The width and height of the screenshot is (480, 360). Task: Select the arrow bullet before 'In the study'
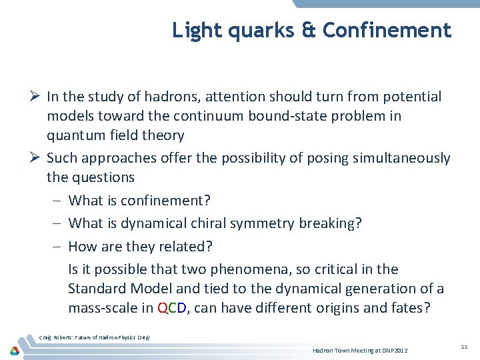[x=35, y=97]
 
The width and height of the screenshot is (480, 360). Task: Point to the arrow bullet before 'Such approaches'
[x=35, y=158]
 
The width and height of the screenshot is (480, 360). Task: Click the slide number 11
[x=464, y=347]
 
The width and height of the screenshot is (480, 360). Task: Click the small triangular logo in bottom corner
[x=15, y=350]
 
